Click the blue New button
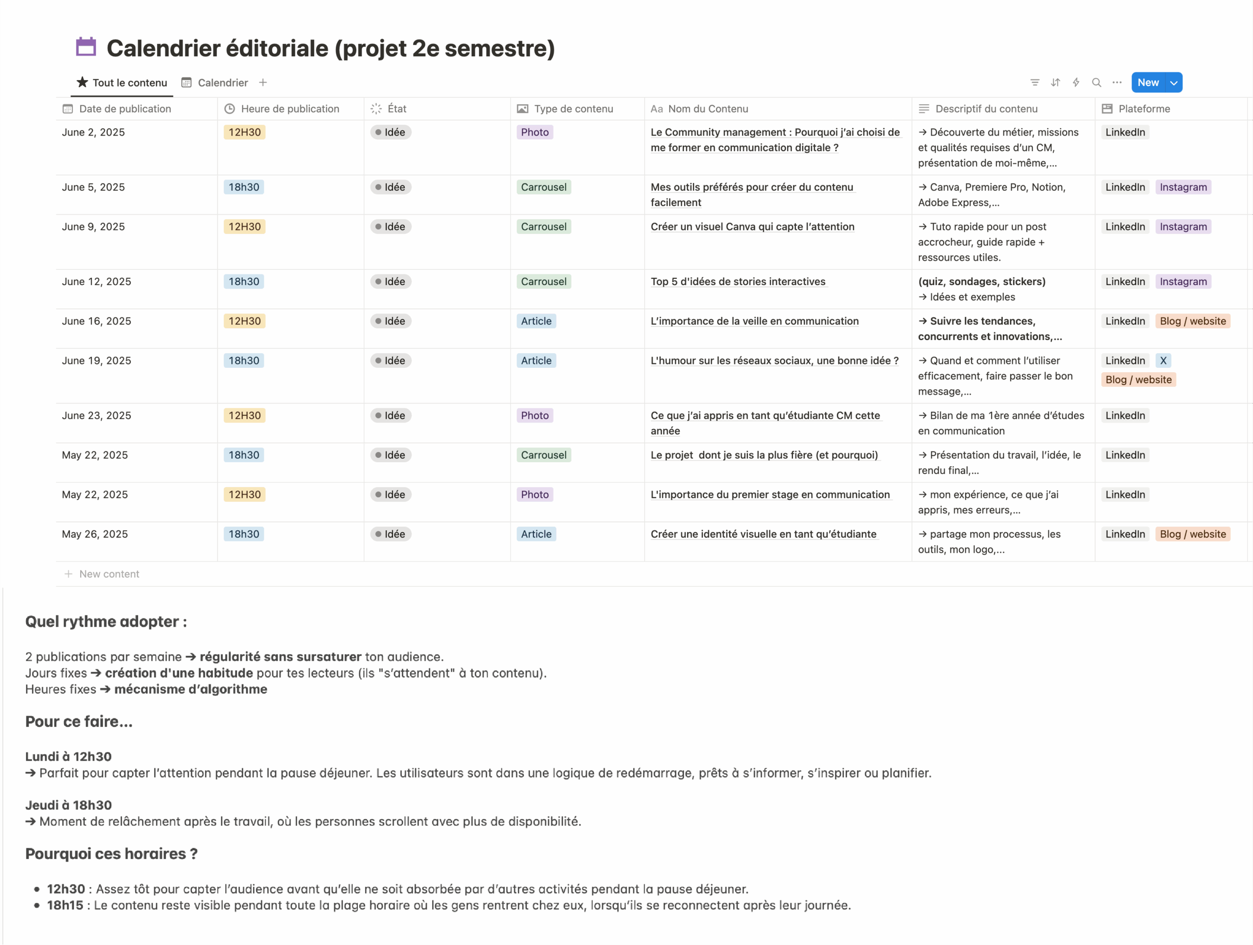tap(1148, 83)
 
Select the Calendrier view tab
tap(222, 83)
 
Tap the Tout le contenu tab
tap(129, 83)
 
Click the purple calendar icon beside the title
tap(86, 47)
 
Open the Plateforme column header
tap(1144, 109)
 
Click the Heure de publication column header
tap(289, 109)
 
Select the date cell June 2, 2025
tap(93, 133)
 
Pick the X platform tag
tap(1163, 360)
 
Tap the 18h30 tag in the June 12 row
tap(244, 281)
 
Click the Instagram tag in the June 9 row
tap(1183, 226)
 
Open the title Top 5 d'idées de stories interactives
tap(738, 281)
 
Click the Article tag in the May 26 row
tap(536, 534)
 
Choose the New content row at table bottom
tap(109, 574)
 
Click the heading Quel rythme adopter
tap(106, 621)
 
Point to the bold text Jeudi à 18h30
tap(69, 805)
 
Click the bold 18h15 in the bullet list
tap(65, 905)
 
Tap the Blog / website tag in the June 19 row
tap(1138, 380)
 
